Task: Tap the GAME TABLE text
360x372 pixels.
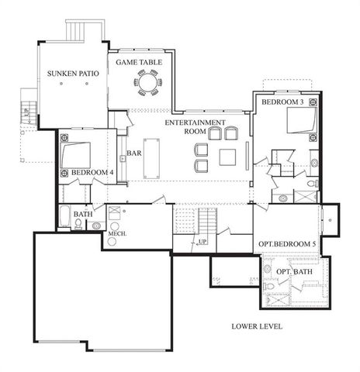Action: coord(140,61)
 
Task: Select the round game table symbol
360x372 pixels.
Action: coord(147,81)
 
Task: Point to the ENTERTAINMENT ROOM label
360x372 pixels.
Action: coord(195,127)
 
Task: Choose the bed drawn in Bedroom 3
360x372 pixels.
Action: coord(301,121)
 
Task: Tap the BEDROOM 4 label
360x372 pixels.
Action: coord(92,172)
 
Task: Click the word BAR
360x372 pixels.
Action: coord(133,153)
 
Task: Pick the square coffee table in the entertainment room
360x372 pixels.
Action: coord(227,157)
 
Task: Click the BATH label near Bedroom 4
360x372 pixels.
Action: coord(83,214)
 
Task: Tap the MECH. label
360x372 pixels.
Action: coord(116,233)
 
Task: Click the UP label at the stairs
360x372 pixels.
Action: coord(202,241)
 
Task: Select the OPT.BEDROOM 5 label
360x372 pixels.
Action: coord(287,245)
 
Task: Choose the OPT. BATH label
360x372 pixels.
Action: coord(292,271)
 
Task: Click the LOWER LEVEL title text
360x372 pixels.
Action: coord(257,326)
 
